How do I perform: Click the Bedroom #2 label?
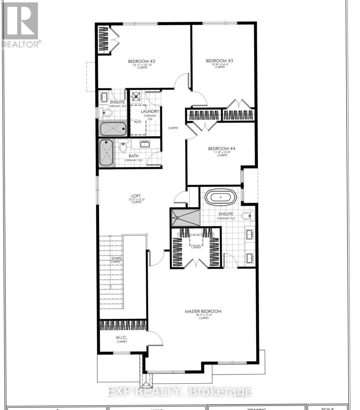(x=142, y=61)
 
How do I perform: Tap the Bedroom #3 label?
(x=219, y=61)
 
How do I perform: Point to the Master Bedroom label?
(x=203, y=311)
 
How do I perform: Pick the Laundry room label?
(x=150, y=111)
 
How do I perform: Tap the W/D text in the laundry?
(x=137, y=122)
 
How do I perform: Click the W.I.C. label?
(x=121, y=338)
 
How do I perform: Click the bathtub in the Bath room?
(x=106, y=153)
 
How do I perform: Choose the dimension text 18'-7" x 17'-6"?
(x=204, y=315)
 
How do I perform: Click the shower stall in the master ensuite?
(x=185, y=217)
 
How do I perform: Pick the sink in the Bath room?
(x=145, y=143)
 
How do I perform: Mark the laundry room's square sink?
(x=137, y=96)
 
